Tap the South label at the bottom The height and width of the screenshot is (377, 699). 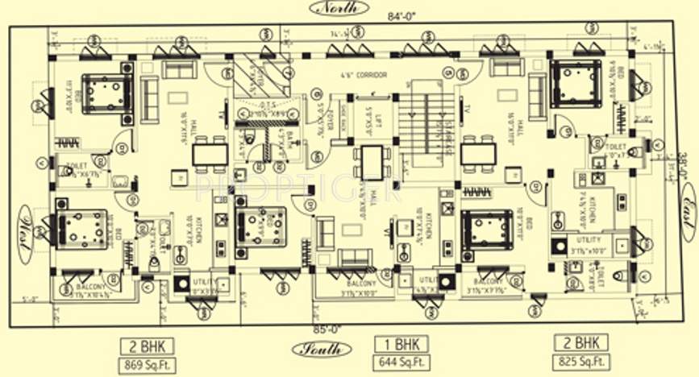[322, 349]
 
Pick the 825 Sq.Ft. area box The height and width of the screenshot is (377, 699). [580, 362]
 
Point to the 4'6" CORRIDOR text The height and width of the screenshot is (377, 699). [362, 75]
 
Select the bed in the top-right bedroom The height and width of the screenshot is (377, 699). [577, 84]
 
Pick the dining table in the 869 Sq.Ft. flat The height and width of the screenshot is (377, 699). [210, 153]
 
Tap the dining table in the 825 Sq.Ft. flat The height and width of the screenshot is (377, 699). [479, 152]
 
